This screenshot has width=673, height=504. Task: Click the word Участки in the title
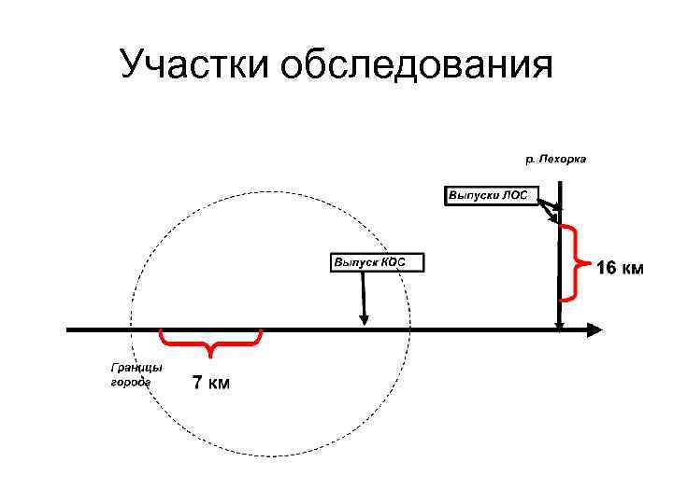pos(191,65)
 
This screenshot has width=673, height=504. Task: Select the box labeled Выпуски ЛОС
pos(489,196)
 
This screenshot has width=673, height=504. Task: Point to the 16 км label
pos(620,270)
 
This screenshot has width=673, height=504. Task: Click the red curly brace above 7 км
pos(210,342)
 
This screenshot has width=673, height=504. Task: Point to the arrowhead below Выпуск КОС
pos(365,321)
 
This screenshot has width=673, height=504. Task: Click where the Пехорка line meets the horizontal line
pos(559,329)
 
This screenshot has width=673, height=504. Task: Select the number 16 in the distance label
pos(606,270)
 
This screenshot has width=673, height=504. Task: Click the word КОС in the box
pos(393,262)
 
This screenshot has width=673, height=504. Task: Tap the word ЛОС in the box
pos(515,196)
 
